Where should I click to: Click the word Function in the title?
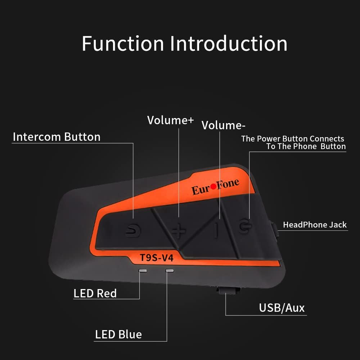click(123, 44)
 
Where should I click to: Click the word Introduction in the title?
click(229, 44)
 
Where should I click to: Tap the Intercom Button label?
click(57, 137)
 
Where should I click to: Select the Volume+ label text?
click(170, 120)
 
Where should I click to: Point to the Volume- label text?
click(224, 125)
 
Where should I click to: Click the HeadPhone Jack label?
click(315, 225)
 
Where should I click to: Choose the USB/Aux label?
click(282, 308)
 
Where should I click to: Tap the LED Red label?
click(95, 293)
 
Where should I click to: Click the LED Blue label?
click(118, 334)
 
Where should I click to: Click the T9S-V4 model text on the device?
click(157, 258)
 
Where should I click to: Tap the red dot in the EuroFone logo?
click(213, 186)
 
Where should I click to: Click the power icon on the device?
click(245, 226)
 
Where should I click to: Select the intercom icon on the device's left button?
click(133, 230)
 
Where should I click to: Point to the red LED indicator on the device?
click(143, 271)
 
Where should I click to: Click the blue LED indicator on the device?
click(170, 271)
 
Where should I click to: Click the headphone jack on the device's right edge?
click(274, 231)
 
